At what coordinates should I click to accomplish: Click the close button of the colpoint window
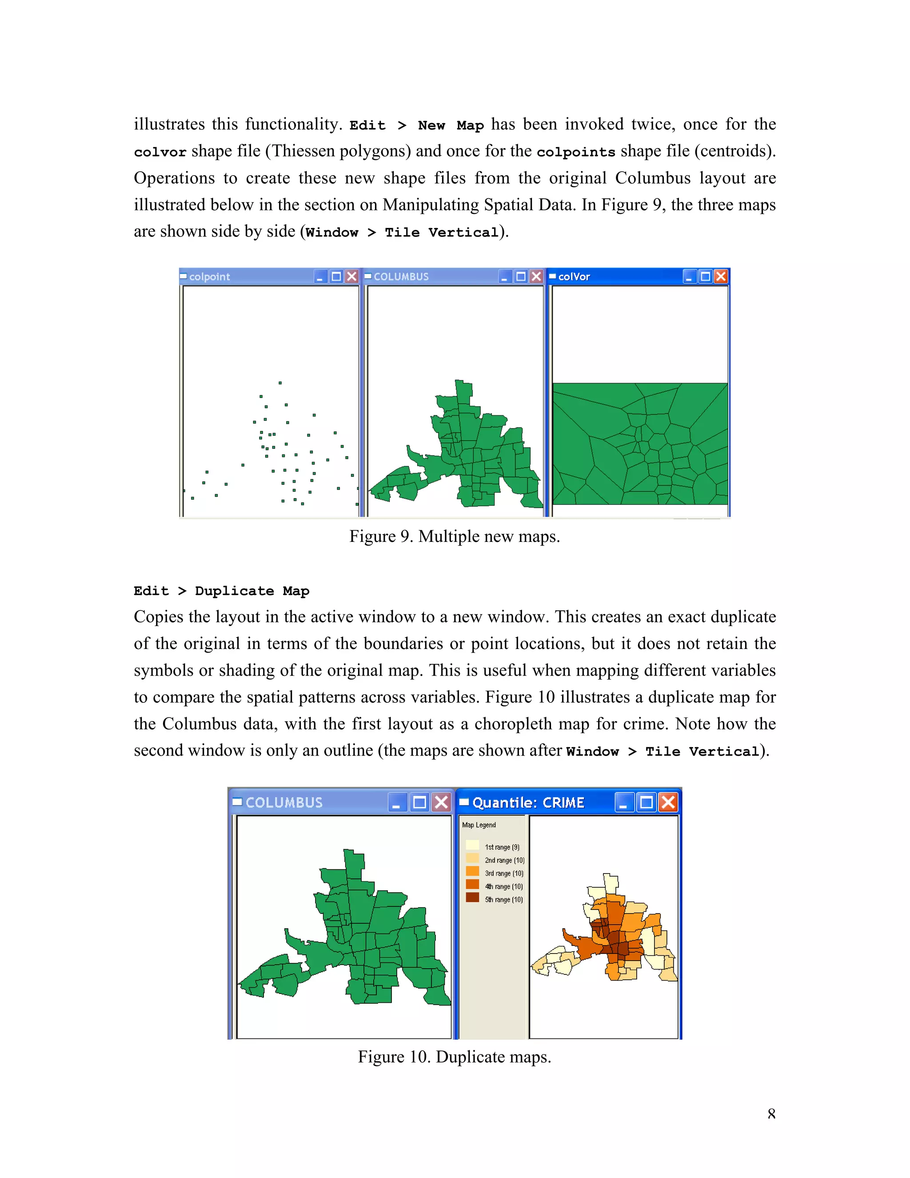351,276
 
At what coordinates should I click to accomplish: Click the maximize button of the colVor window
705,276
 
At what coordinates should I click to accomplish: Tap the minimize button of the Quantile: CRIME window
624,802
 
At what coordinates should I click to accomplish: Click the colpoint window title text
209,276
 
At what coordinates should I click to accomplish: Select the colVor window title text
574,276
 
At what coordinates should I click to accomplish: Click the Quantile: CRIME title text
528,802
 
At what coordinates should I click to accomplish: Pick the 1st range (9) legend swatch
472,845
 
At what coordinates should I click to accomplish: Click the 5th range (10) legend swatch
472,898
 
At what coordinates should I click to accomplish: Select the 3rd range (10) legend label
503,873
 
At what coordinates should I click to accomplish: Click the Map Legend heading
479,825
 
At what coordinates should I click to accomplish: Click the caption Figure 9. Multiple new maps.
455,537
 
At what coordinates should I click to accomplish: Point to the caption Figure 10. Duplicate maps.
455,1057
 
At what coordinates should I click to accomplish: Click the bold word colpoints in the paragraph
576,152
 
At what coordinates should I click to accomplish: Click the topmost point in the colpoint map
280,383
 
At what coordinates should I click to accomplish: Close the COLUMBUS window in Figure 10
441,802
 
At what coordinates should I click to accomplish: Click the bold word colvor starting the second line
160,152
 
